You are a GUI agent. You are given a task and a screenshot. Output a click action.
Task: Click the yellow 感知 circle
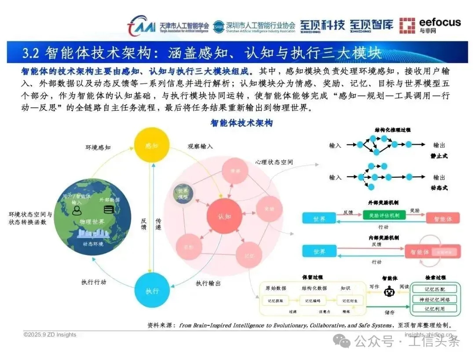pyautogui.click(x=152, y=145)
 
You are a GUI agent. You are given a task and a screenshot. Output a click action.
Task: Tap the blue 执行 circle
pyautogui.click(x=152, y=290)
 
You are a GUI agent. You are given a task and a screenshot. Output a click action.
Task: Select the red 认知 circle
pyautogui.click(x=224, y=217)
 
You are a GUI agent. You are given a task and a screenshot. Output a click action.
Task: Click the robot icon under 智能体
pyautogui.click(x=389, y=292)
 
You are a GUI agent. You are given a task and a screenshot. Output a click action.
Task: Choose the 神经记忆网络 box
pyautogui.click(x=435, y=299)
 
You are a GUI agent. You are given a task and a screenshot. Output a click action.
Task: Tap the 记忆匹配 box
pyautogui.click(x=435, y=289)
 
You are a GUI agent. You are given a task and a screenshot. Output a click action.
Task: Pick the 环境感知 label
pyautogui.click(x=98, y=147)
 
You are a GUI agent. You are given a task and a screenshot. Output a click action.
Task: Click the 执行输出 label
pyautogui.click(x=208, y=283)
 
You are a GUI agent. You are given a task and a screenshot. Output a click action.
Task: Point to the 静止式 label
pyautogui.click(x=439, y=156)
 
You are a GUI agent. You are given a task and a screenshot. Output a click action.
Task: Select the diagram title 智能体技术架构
pyautogui.click(x=241, y=123)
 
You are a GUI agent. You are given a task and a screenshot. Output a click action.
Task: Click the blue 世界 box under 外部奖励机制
pyautogui.click(x=320, y=217)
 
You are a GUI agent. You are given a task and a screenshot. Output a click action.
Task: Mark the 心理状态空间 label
pyautogui.click(x=274, y=162)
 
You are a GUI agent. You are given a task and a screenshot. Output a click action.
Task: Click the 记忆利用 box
pyautogui.click(x=435, y=309)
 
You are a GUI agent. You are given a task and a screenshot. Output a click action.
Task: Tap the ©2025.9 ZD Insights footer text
pyautogui.click(x=50, y=334)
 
